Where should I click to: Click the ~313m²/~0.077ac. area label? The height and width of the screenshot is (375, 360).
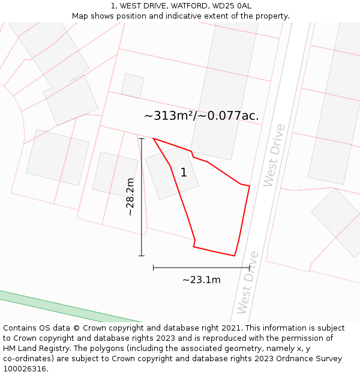(202, 116)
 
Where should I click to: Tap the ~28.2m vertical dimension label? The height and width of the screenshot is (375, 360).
(130, 197)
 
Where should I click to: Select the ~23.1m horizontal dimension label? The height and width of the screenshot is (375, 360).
(202, 280)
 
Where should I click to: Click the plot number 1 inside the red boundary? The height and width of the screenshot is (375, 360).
(184, 173)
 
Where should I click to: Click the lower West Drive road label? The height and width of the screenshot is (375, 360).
(248, 282)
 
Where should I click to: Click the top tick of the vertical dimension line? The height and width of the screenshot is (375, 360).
(142, 139)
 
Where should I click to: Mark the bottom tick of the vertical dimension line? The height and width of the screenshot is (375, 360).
(142, 256)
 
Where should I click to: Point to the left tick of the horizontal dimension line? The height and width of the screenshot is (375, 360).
(154, 268)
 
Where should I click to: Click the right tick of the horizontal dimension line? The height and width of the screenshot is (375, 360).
(250, 268)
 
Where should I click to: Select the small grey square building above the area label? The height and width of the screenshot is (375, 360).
(133, 86)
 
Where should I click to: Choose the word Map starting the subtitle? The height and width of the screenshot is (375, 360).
(80, 16)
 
